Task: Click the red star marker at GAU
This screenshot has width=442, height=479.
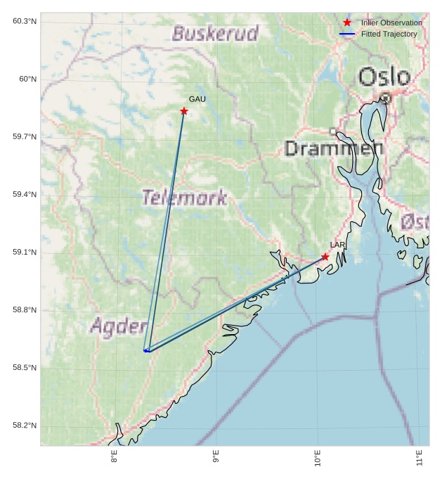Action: [184, 111]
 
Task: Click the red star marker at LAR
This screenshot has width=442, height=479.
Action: [325, 257]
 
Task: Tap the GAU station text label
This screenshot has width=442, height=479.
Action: [197, 99]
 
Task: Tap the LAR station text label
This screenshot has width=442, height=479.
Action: [338, 245]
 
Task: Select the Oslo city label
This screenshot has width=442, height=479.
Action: [384, 77]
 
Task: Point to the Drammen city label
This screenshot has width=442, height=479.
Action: [334, 148]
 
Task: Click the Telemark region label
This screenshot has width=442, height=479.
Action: [185, 198]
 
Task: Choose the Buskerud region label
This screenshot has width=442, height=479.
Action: [215, 34]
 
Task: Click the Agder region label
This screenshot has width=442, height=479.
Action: [119, 326]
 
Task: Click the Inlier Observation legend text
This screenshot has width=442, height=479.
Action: [391, 23]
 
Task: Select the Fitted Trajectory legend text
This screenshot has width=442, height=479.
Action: [389, 34]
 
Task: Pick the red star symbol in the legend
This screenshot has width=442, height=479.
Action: [347, 23]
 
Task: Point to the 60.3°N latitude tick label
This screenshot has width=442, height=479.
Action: [25, 21]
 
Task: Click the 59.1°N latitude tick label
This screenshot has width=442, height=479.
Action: [25, 253]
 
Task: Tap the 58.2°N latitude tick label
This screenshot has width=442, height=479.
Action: [25, 426]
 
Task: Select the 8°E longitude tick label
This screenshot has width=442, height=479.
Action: [114, 458]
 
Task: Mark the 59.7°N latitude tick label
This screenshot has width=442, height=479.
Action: [25, 136]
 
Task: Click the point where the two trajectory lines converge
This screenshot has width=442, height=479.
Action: [146, 350]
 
